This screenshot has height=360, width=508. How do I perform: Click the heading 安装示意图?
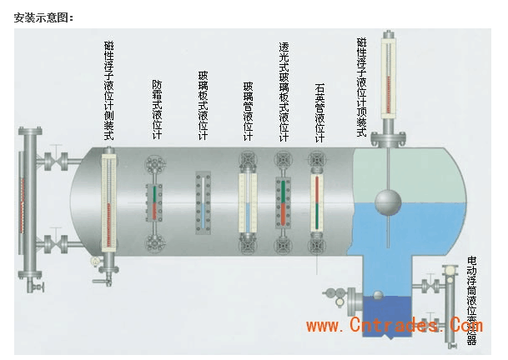(43, 17)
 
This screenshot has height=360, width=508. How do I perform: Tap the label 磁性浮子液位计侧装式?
(109, 91)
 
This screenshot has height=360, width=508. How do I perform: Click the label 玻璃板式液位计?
(203, 107)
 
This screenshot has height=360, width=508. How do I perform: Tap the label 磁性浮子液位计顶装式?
(361, 87)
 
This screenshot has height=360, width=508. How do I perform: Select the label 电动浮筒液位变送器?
(472, 300)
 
